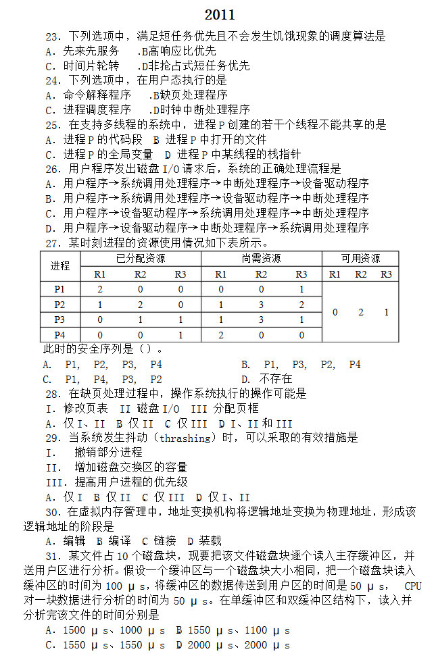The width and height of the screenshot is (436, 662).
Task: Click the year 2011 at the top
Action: tap(220, 14)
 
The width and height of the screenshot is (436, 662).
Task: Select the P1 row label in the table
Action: tap(59, 289)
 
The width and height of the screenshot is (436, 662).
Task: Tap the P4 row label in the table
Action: tap(59, 334)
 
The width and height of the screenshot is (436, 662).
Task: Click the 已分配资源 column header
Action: tap(141, 259)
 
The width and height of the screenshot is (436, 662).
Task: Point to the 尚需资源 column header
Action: tap(261, 259)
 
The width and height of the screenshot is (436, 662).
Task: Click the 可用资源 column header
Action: tap(360, 259)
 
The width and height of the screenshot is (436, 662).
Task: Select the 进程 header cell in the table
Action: tap(59, 266)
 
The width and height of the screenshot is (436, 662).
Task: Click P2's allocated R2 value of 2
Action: tap(140, 305)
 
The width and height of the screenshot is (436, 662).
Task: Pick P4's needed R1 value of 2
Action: tap(220, 334)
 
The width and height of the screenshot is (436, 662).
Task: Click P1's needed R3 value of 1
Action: tap(301, 289)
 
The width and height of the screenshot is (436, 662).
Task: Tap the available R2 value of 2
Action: tap(360, 312)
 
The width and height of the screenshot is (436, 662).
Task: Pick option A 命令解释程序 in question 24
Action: tap(88, 96)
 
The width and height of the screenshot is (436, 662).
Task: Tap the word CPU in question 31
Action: tap(413, 585)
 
